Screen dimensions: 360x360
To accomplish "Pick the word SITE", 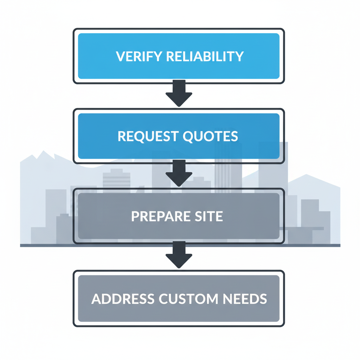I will point(209,217).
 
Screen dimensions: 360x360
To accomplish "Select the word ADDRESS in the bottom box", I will point(123,299).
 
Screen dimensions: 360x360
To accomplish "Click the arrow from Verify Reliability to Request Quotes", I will point(179,94).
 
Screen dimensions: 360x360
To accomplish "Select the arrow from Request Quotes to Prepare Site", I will point(179,173).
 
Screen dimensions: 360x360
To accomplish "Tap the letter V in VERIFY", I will point(120,56).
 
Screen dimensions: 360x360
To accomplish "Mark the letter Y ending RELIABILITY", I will point(239,56).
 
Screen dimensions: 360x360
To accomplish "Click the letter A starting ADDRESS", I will point(97,299).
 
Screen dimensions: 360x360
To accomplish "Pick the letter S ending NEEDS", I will point(263,299).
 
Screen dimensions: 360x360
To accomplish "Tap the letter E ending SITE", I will point(219,217).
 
